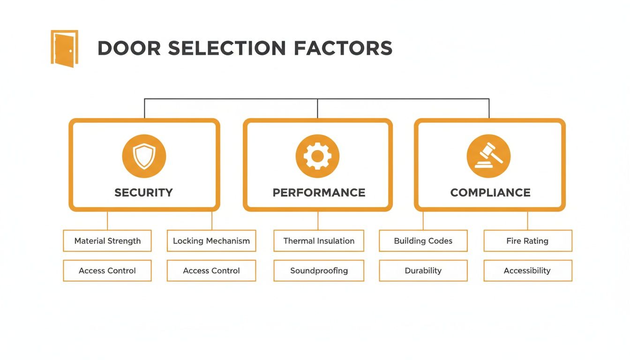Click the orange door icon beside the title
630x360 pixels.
64,48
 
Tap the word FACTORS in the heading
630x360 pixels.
343,49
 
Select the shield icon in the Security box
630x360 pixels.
144,156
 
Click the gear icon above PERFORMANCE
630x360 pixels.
317,156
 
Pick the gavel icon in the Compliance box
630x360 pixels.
489,156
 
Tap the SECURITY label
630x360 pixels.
143,193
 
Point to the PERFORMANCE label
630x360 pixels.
319,193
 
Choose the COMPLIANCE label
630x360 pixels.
490,193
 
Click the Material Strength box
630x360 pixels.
107,241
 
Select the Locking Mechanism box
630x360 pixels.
211,241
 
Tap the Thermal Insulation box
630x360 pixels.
319,241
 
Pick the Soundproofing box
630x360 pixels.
319,270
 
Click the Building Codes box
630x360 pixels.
423,241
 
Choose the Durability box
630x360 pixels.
423,270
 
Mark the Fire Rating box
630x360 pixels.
527,241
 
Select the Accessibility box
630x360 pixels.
527,270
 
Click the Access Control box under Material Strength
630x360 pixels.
107,270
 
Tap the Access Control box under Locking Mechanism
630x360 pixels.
211,270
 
